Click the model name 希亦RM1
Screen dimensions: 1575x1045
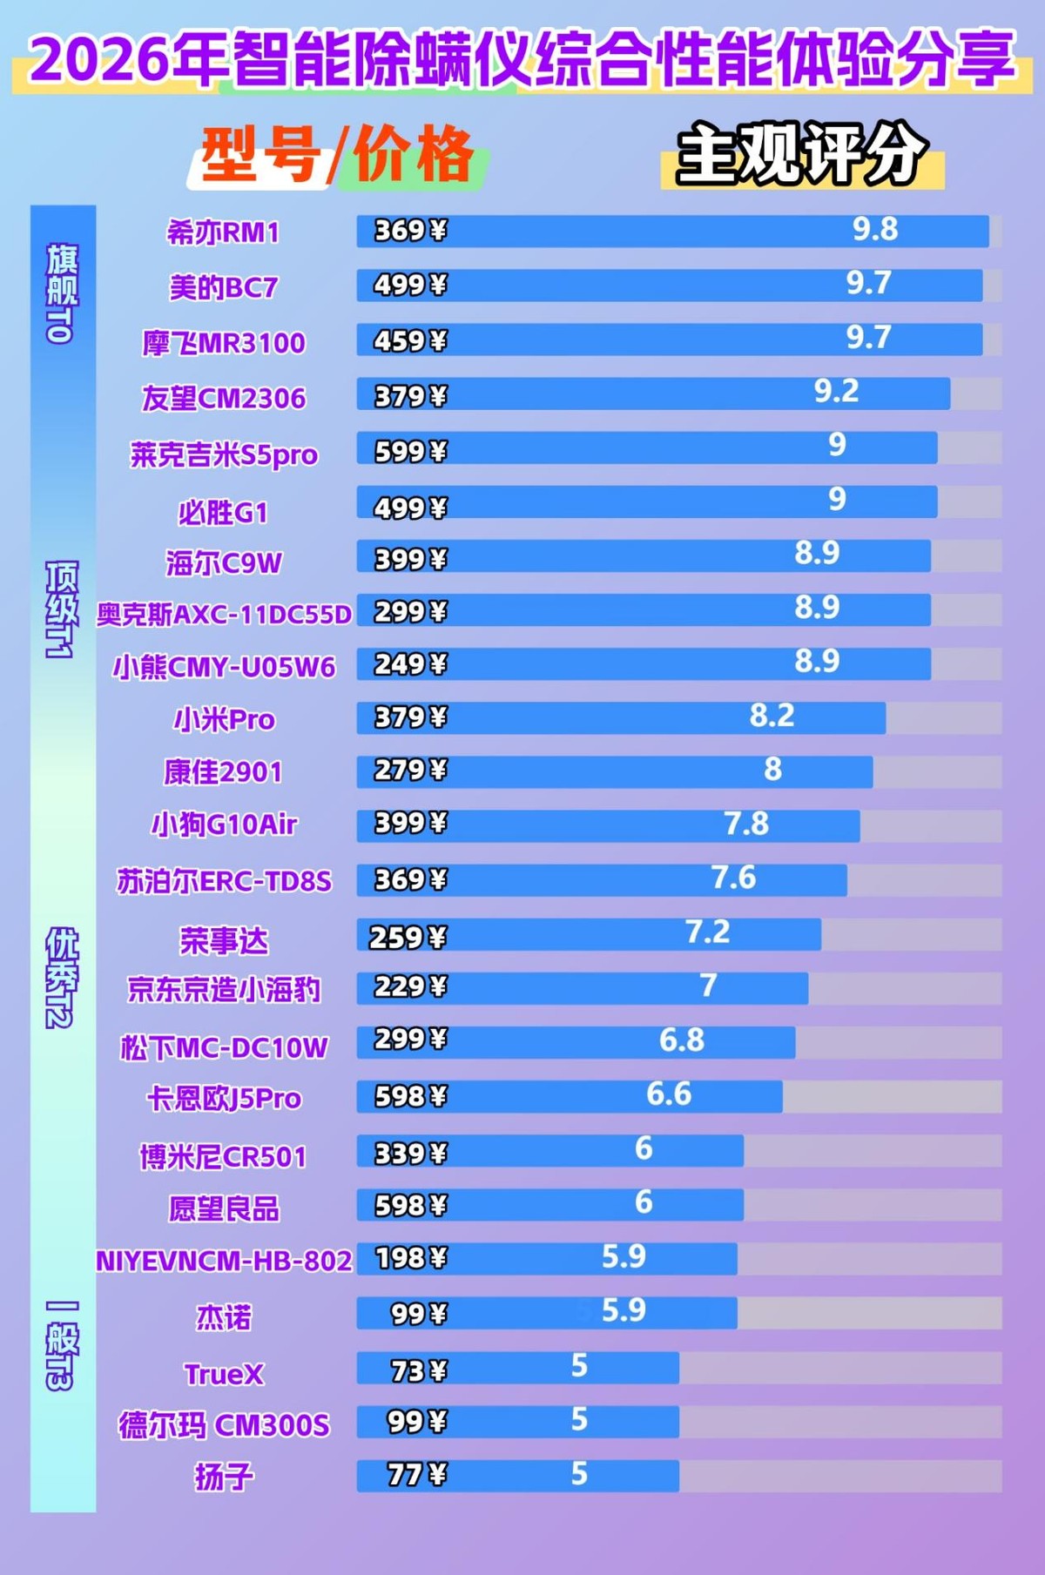pyautogui.click(x=223, y=232)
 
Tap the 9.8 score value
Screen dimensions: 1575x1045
pyautogui.click(x=874, y=229)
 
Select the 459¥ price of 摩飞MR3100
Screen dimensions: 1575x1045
pyautogui.click(x=410, y=340)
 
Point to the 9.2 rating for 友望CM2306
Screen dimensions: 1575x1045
pyautogui.click(x=836, y=392)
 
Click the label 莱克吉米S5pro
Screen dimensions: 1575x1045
pyautogui.click(x=224, y=454)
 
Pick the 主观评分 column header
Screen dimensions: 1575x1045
pyautogui.click(x=801, y=154)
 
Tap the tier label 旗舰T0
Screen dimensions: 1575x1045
pyautogui.click(x=62, y=293)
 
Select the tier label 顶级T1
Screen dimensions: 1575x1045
pyautogui.click(x=62, y=609)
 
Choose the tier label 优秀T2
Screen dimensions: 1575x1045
pyautogui.click(x=62, y=977)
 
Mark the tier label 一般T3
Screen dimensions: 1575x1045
pyautogui.click(x=62, y=1345)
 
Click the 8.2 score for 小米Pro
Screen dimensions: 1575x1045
pyautogui.click(x=772, y=716)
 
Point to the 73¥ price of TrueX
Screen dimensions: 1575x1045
pyautogui.click(x=418, y=1371)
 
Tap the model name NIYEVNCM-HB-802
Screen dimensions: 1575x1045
pyautogui.click(x=224, y=1261)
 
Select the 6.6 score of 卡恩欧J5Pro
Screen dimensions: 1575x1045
pyautogui.click(x=669, y=1094)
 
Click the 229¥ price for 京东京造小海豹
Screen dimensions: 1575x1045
pyautogui.click(x=410, y=986)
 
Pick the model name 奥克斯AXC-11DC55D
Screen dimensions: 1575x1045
pyautogui.click(x=224, y=615)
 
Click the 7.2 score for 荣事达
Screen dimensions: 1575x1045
pyautogui.click(x=707, y=932)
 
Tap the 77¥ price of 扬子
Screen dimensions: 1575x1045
pyautogui.click(x=416, y=1475)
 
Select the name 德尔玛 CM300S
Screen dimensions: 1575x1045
pyautogui.click(x=224, y=1425)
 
